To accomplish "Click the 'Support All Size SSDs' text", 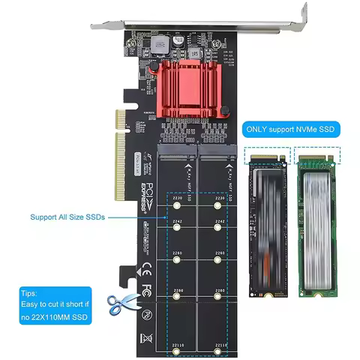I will pyautogui.click(x=67, y=217).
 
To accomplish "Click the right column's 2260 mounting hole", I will pyautogui.click(x=218, y=262).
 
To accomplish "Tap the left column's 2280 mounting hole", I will pyautogui.click(x=177, y=298).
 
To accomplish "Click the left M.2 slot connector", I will pyautogui.click(x=178, y=157).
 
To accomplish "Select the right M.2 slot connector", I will pyautogui.click(x=215, y=157).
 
